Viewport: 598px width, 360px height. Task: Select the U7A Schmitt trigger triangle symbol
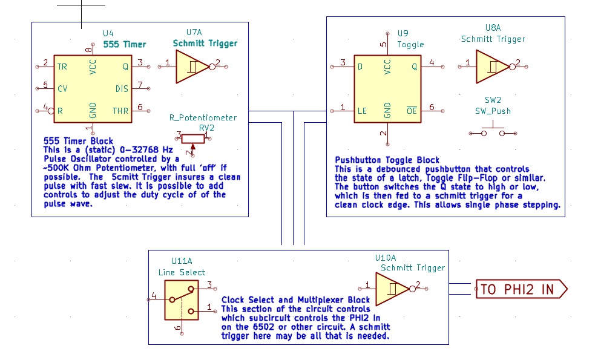click(x=191, y=67)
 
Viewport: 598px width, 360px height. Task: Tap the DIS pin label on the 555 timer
click(x=122, y=89)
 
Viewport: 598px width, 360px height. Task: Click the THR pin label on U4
click(x=120, y=111)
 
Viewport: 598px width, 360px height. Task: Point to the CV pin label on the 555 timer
click(x=62, y=89)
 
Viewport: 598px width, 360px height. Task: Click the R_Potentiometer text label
click(x=203, y=117)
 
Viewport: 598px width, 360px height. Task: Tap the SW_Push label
click(x=493, y=111)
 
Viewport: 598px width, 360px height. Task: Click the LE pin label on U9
click(x=362, y=111)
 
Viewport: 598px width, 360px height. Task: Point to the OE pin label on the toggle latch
click(x=412, y=111)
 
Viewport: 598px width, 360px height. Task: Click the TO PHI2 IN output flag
click(x=521, y=289)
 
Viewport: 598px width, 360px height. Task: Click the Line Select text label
click(x=182, y=272)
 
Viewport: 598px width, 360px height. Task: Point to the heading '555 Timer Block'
click(x=78, y=141)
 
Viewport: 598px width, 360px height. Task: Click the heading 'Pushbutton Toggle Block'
click(x=387, y=160)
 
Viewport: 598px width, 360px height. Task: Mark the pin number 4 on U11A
click(x=154, y=296)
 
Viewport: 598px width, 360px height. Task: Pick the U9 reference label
click(x=402, y=33)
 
